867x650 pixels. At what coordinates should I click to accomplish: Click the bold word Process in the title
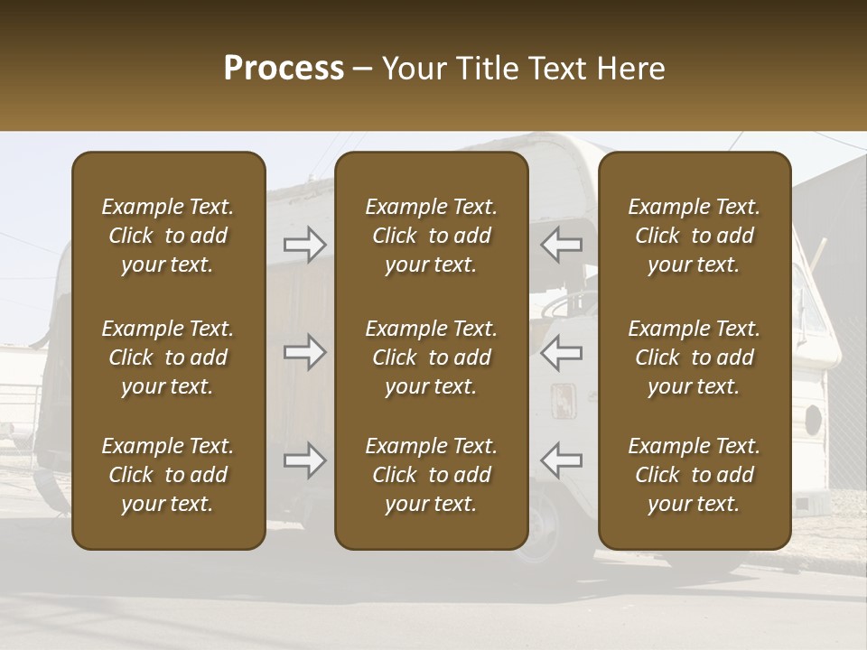click(x=284, y=68)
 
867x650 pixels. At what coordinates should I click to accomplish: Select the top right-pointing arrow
click(x=304, y=244)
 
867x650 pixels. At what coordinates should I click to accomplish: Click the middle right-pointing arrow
click(x=304, y=352)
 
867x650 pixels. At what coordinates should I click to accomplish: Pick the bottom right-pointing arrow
click(x=304, y=460)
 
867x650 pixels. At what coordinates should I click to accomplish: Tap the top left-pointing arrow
click(x=562, y=244)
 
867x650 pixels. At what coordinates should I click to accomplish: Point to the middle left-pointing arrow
click(x=562, y=352)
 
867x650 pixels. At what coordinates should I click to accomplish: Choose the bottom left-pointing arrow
click(x=562, y=460)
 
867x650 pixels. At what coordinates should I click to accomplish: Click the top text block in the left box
click(x=168, y=236)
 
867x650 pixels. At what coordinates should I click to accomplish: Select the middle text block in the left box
click(x=168, y=357)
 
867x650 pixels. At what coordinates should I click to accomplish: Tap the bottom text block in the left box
click(x=168, y=475)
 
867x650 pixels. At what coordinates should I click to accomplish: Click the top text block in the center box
click(x=432, y=236)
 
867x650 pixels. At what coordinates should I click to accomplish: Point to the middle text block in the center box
click(x=432, y=357)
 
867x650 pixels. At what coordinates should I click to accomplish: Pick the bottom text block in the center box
click(x=432, y=475)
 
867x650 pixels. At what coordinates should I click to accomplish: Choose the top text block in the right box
click(x=695, y=236)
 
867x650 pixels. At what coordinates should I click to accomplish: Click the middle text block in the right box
click(x=695, y=357)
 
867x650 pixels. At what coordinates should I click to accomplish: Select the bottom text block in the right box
click(x=695, y=475)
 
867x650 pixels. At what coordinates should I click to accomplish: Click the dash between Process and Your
click(x=363, y=70)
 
